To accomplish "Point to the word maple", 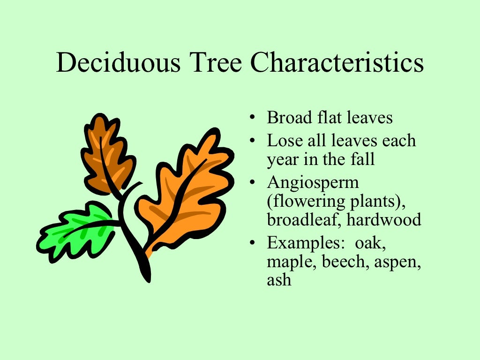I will [x=292, y=262].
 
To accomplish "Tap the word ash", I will [x=279, y=280].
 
